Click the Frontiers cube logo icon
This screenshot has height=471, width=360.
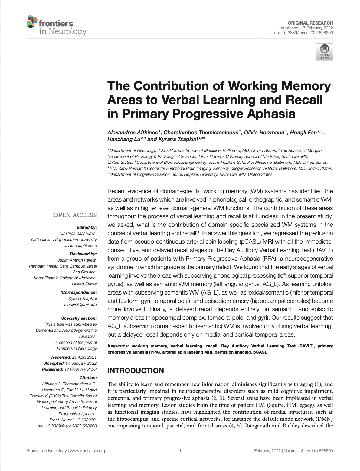click(32, 22)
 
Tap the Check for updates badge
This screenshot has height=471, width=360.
click(324, 52)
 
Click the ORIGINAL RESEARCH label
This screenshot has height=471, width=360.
click(310, 23)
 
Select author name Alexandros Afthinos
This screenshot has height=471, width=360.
click(133, 133)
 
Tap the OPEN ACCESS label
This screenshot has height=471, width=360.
click(75, 215)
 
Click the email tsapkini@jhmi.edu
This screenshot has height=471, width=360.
click(80, 305)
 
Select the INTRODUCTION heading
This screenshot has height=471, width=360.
click(136, 371)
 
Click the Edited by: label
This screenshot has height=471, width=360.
click(87, 227)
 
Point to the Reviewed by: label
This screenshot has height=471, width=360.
click(83, 254)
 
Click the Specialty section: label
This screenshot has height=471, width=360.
click(79, 318)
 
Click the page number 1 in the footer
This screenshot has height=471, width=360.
click(180, 451)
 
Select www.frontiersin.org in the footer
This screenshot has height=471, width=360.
click(87, 451)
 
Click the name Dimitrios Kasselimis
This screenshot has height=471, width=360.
click(78, 233)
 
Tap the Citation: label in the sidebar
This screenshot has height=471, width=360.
click(88, 378)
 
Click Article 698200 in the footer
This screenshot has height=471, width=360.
click(320, 451)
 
